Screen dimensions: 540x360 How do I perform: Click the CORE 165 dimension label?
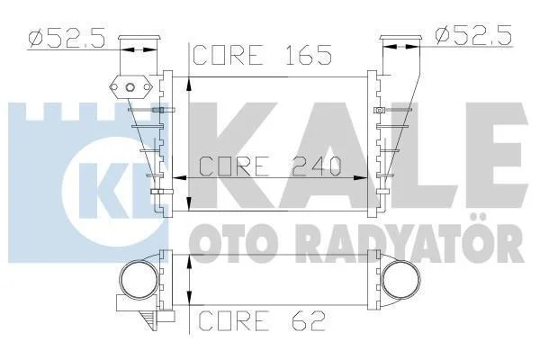click(x=262, y=55)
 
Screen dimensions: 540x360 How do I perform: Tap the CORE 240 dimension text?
click(x=270, y=166)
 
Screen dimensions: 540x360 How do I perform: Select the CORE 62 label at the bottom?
click(x=262, y=320)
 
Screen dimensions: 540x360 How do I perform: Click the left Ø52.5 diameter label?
click(x=67, y=38)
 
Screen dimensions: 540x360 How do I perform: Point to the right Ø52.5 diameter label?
click(x=473, y=35)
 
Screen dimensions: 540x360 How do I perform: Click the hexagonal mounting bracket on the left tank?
click(x=130, y=87)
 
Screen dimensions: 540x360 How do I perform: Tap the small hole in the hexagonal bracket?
click(x=130, y=87)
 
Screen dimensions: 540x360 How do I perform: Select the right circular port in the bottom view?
click(x=401, y=279)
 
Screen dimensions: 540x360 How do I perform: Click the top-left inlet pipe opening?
click(x=139, y=38)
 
